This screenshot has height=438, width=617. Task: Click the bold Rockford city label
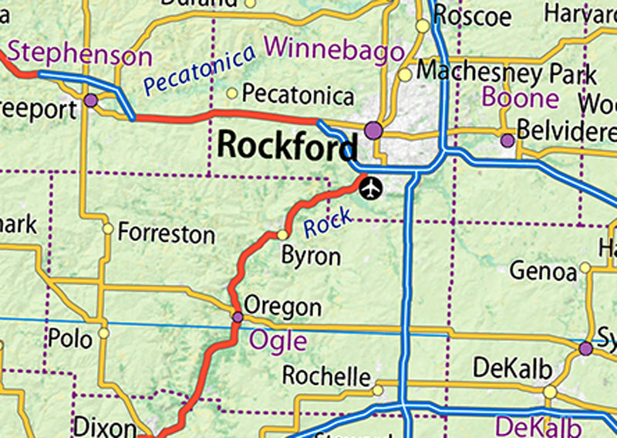pyautogui.click(x=288, y=145)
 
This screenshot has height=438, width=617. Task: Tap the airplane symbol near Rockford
pyautogui.click(x=372, y=187)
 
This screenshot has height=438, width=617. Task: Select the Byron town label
pyautogui.click(x=311, y=256)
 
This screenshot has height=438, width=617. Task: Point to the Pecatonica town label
pyautogui.click(x=298, y=95)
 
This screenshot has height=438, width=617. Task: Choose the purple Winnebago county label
pyautogui.click(x=334, y=51)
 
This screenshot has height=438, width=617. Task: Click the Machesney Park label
pyautogui.click(x=506, y=73)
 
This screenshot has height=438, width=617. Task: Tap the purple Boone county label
pyautogui.click(x=521, y=97)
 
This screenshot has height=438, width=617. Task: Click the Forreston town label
pyautogui.click(x=167, y=233)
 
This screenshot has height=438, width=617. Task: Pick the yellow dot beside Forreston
pyautogui.click(x=108, y=229)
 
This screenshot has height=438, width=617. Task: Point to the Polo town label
pyautogui.click(x=69, y=338)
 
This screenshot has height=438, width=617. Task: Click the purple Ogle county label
pyautogui.click(x=278, y=341)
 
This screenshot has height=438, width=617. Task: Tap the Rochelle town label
pyautogui.click(x=326, y=376)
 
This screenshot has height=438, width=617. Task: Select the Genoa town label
pyautogui.click(x=543, y=271)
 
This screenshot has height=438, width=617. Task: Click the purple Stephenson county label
pyautogui.click(x=80, y=55)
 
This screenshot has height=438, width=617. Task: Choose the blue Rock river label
pyautogui.click(x=328, y=223)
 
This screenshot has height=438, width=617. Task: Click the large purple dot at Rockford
pyautogui.click(x=374, y=130)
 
